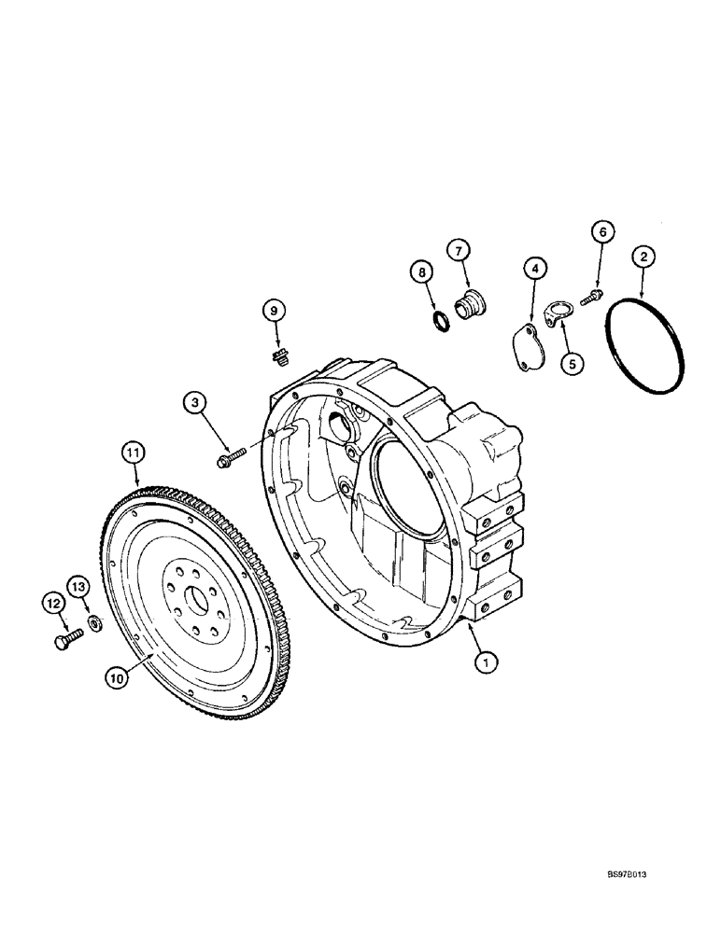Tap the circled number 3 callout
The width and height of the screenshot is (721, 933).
point(193,403)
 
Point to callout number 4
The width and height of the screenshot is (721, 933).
point(534,269)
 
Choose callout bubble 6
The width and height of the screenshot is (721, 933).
point(602,232)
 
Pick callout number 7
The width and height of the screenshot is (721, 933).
point(458,249)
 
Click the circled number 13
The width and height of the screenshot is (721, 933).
point(78,585)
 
